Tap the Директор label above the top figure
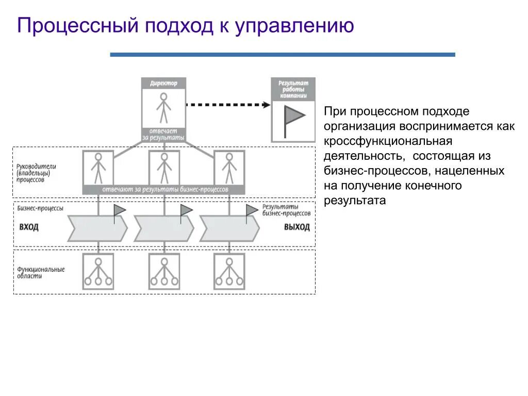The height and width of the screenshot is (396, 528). [163, 83]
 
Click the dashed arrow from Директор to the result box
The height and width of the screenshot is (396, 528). [227, 105]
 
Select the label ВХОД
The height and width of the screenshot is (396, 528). [29, 227]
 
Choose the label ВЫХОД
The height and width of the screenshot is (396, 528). [297, 227]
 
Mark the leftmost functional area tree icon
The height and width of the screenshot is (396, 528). [98, 271]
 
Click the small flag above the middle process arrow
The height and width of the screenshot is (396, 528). [186, 211]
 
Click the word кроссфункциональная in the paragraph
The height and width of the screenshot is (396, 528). [388, 141]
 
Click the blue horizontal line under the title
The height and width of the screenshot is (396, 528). [283, 54]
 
